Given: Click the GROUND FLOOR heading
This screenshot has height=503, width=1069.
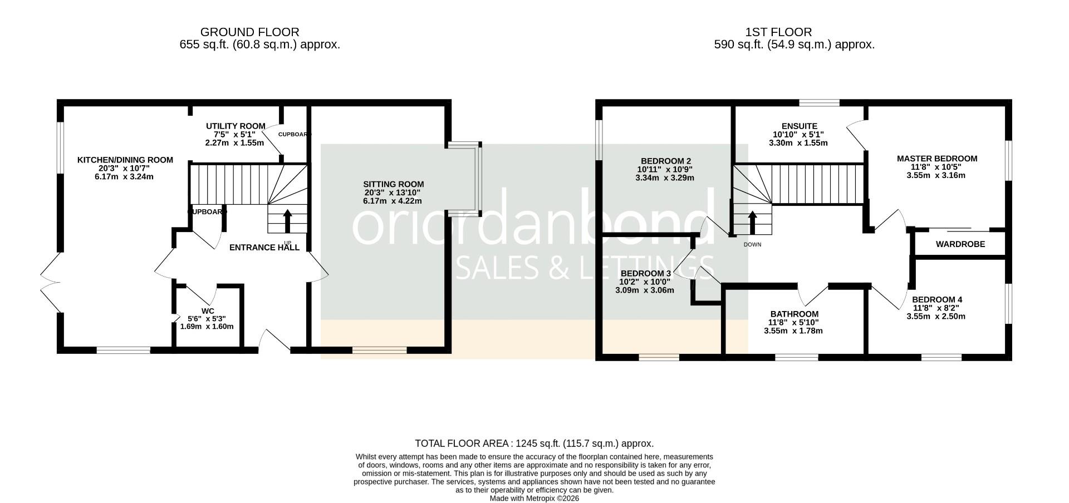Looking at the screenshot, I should point(249,32).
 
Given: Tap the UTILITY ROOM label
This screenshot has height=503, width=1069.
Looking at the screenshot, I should point(236,126).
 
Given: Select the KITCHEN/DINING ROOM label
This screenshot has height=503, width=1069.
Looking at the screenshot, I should point(125,160).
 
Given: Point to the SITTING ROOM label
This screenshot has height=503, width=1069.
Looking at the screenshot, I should point(393,184).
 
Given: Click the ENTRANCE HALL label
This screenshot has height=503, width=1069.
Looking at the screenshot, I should point(264,248).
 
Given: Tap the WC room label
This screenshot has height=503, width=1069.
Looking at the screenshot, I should point(208,311).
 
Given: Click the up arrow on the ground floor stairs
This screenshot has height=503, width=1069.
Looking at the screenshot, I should point(287,221).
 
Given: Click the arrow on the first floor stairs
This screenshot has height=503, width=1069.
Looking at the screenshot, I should point(752,222).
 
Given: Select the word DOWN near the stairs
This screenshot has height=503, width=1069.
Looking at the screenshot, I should point(752,245).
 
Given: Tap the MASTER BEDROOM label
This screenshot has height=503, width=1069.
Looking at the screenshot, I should point(936,159).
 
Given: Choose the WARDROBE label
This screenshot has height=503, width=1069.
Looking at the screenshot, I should point(960,244).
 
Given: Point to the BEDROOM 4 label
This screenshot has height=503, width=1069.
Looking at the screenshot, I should point(936,300).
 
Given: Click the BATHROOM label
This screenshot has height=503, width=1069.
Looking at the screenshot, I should point(794,314).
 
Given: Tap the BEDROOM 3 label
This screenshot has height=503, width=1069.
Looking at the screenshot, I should point(645,274).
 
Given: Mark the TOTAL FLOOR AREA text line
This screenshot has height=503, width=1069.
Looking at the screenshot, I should point(534,443).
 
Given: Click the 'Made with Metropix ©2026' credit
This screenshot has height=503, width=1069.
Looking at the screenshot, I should point(534,499).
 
